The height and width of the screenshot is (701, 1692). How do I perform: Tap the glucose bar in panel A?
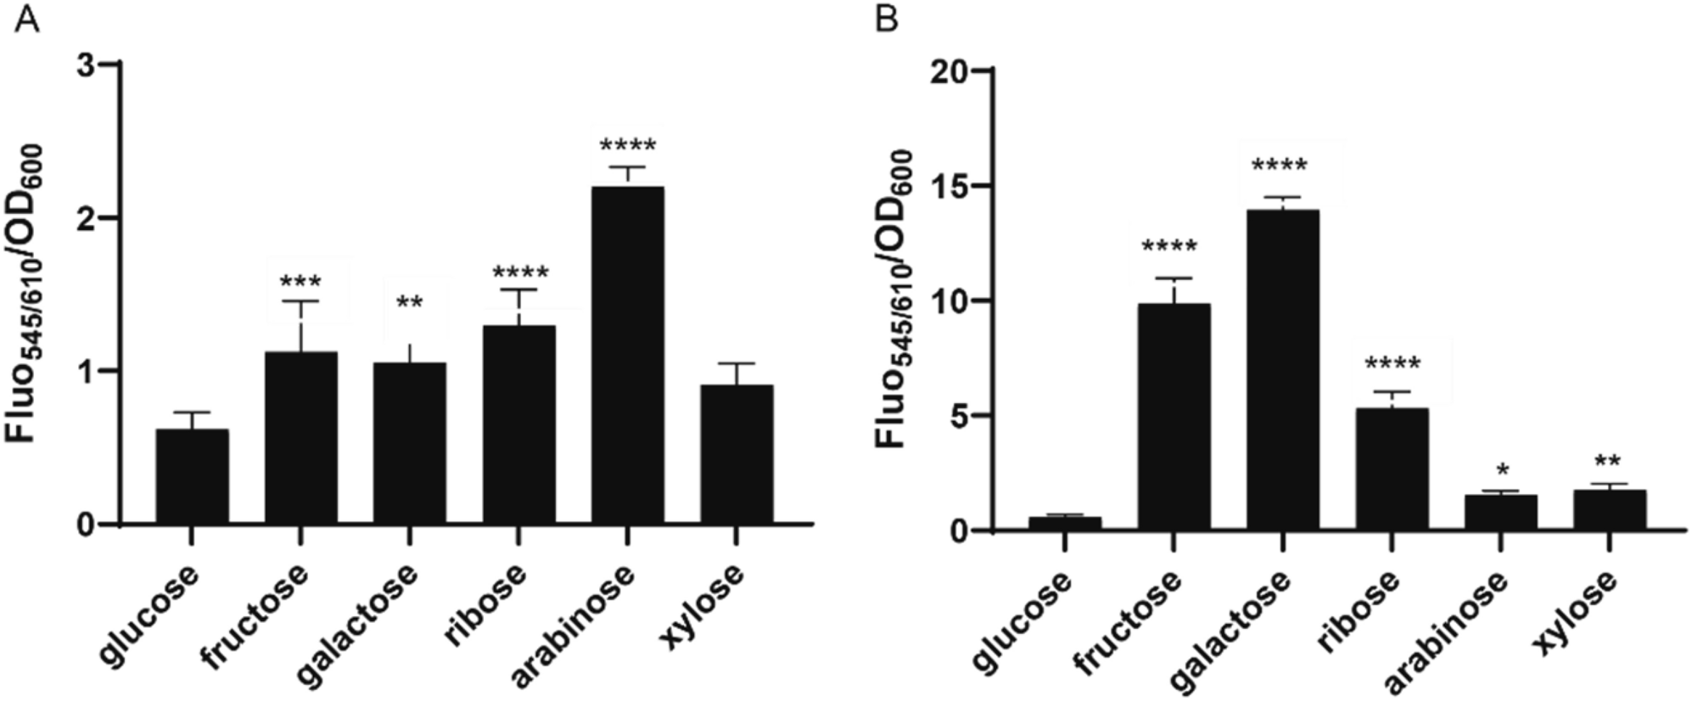(x=192, y=476)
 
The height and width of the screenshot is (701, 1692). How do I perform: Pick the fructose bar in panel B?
(x=1174, y=417)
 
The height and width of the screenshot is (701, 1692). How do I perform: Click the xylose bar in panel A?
(x=736, y=454)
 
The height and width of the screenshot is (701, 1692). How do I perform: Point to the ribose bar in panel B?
(x=1392, y=469)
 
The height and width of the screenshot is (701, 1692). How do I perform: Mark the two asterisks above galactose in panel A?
(x=409, y=303)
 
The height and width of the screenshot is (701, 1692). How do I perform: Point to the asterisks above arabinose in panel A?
(x=627, y=145)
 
